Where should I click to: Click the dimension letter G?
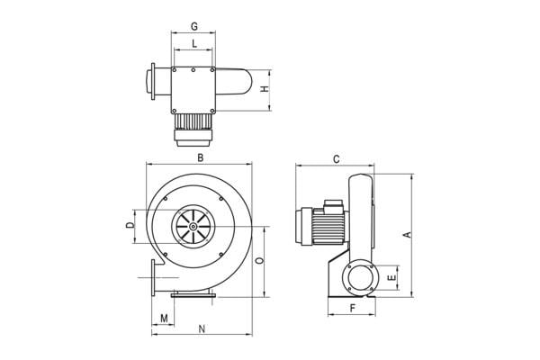(194, 26)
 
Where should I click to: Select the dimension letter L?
(194, 44)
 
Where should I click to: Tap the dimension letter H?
(265, 89)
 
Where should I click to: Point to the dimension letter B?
(201, 157)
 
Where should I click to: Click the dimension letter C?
(337, 159)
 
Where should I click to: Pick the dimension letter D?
(130, 226)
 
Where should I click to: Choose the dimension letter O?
(260, 260)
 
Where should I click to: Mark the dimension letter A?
(408, 235)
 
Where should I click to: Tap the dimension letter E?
(391, 277)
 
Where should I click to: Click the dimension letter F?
(352, 308)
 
